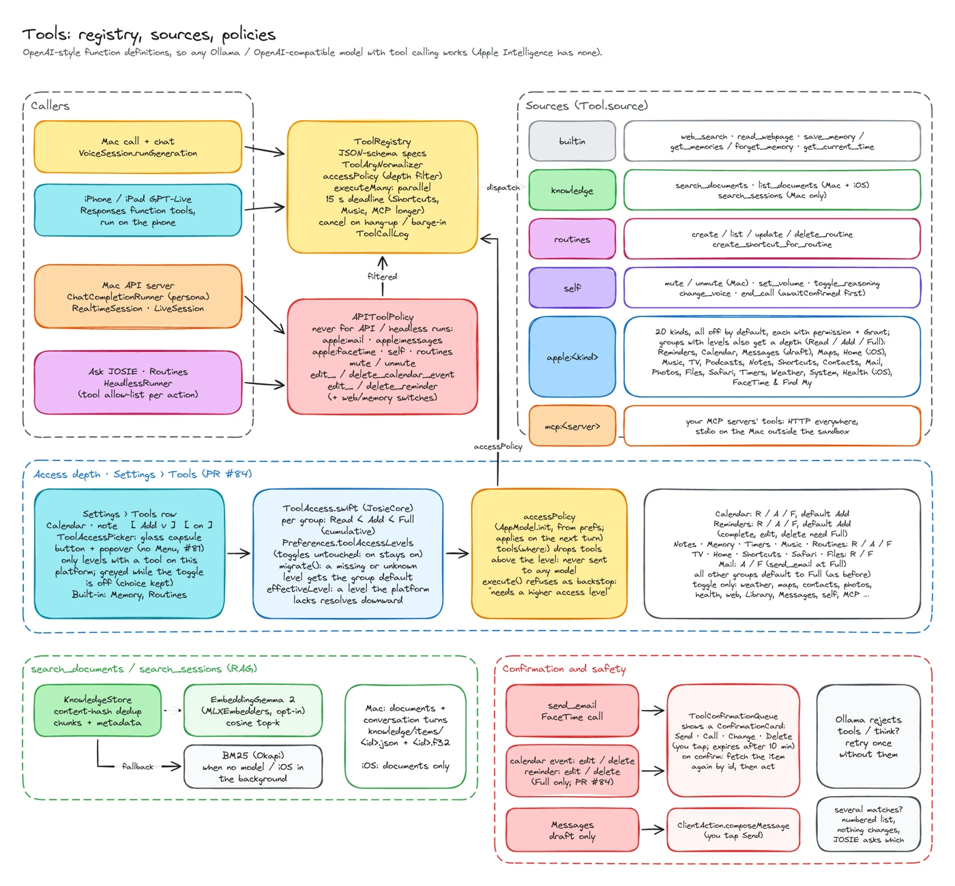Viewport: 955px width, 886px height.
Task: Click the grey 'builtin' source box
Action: [x=572, y=141]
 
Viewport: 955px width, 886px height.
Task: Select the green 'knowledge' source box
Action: [x=572, y=190]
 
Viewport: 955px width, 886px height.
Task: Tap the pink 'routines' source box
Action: [x=572, y=239]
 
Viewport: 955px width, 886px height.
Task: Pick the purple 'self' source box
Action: [x=572, y=288]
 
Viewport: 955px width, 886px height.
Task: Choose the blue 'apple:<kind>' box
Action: [x=572, y=357]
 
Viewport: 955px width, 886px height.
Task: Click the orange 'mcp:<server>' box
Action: [x=572, y=426]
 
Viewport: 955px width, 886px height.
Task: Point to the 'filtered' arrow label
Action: [x=382, y=276]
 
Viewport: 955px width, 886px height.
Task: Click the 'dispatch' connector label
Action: [x=503, y=187]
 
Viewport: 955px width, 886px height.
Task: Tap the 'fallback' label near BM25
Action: [x=138, y=766]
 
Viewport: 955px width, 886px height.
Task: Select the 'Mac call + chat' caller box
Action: [x=138, y=147]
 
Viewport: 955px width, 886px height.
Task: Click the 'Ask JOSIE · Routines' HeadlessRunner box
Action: [x=138, y=383]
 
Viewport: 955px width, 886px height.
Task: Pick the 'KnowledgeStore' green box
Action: [x=98, y=711]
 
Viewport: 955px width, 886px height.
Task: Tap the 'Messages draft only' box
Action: [x=572, y=829]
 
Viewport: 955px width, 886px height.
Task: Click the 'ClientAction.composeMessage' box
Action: [x=733, y=829]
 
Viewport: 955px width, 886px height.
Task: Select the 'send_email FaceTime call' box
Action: [x=572, y=711]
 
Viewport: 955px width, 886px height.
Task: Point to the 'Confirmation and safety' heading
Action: [x=564, y=668]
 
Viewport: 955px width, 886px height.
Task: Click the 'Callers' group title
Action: [x=50, y=106]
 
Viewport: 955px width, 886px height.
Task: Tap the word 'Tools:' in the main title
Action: [x=46, y=34]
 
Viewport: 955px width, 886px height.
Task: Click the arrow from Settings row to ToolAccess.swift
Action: [x=239, y=554]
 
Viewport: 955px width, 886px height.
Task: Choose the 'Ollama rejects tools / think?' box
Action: [x=868, y=737]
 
